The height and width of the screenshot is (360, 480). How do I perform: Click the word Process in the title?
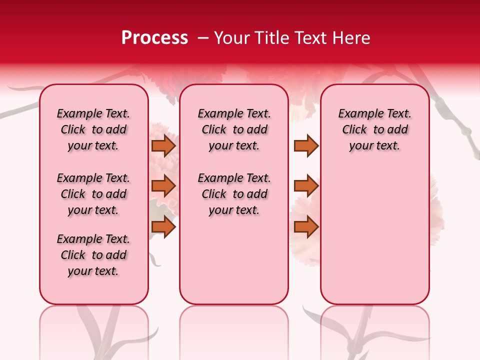coord(154,38)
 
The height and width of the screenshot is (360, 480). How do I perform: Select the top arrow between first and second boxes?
coord(163,146)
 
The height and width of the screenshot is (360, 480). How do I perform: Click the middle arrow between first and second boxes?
coord(163,186)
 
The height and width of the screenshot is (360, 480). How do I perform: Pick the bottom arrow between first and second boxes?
coord(163,227)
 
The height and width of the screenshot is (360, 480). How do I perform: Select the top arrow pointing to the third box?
coord(306,146)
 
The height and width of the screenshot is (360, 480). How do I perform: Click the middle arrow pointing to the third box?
coord(306,186)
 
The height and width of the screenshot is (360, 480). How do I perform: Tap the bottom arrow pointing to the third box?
coord(306,227)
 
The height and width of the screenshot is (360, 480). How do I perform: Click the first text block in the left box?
coord(93,129)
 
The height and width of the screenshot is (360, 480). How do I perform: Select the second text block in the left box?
coord(93,194)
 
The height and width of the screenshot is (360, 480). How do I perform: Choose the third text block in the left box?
coord(93,255)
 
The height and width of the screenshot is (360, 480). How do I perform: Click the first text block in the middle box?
coord(234,129)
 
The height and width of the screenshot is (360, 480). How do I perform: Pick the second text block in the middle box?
coord(234,194)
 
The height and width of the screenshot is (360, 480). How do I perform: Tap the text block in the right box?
coord(374,129)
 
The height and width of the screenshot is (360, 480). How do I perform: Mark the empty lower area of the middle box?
coord(234,260)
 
